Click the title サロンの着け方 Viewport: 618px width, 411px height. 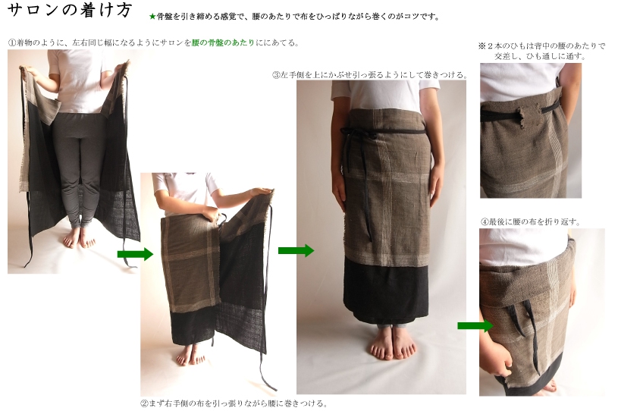[x=69, y=10]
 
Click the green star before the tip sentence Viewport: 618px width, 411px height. [x=152, y=17]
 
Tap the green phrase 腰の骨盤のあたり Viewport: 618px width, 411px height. [x=223, y=42]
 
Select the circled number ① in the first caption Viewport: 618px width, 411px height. [x=11, y=42]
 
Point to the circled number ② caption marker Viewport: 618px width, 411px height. [x=144, y=403]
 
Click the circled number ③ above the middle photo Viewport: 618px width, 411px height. [x=276, y=74]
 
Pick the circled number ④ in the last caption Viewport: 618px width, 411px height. [x=485, y=221]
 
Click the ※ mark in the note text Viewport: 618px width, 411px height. [x=482, y=46]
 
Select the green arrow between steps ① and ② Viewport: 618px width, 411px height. [x=135, y=254]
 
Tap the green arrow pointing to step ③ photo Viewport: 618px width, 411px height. [x=296, y=250]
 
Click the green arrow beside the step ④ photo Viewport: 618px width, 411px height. [x=475, y=325]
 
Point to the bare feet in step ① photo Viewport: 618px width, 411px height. [x=79, y=237]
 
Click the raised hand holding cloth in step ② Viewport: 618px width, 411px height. [x=261, y=193]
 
